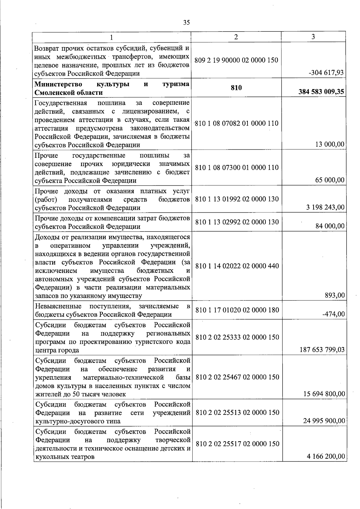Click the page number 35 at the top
(186, 22)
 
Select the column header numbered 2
(236, 37)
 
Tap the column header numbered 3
(313, 37)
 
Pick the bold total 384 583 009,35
(321, 92)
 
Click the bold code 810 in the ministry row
(236, 88)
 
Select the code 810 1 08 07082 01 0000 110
(237, 123)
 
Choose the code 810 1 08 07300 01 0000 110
(237, 167)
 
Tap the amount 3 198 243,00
(325, 207)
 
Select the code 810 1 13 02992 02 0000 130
(237, 222)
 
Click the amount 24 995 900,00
(324, 421)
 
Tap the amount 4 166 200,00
(326, 456)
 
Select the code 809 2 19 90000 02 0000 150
(236, 60)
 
